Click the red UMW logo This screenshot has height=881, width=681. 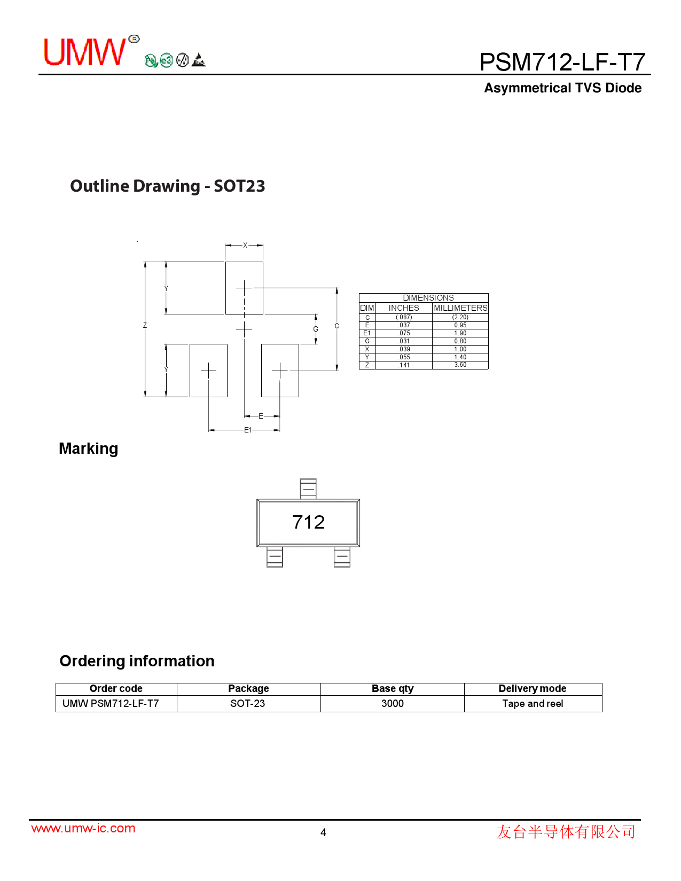(x=84, y=52)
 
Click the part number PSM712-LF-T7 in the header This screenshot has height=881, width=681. (x=562, y=62)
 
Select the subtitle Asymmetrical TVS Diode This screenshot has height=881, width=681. (x=562, y=88)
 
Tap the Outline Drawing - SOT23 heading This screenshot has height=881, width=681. (x=167, y=186)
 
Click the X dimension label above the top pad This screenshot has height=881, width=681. (x=245, y=246)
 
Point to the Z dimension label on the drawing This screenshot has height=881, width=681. (x=145, y=325)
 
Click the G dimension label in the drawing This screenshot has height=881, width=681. (x=316, y=329)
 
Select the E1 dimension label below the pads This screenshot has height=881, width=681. (x=247, y=430)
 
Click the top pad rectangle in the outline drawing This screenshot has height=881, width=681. (x=244, y=288)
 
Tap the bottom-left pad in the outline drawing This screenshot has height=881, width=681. (x=208, y=370)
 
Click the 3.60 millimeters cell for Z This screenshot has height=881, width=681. (x=460, y=365)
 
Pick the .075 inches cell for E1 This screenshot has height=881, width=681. (x=404, y=333)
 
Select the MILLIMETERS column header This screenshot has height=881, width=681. (x=460, y=308)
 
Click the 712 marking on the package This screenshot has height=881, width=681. (x=308, y=522)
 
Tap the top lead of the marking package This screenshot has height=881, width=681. (x=308, y=489)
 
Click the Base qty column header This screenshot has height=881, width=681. (x=393, y=689)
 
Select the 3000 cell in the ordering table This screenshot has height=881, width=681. (x=393, y=704)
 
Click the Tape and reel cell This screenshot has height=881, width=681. (x=533, y=704)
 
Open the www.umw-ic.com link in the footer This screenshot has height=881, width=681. (x=83, y=828)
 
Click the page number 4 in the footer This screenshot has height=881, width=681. (x=323, y=832)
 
